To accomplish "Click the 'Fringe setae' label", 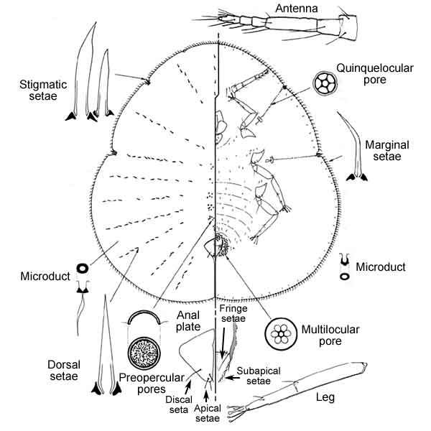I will [233, 315].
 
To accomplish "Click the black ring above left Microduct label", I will [83, 269].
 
